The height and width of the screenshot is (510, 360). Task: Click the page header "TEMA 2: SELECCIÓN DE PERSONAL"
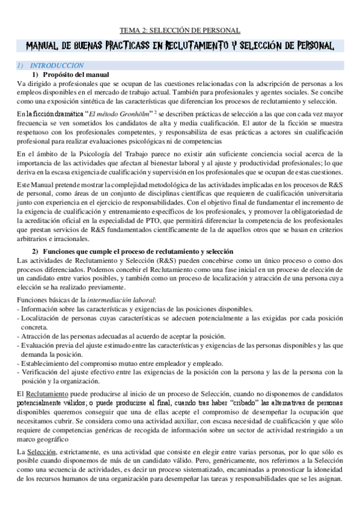pos(180,29)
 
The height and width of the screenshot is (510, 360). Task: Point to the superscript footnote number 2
pos(155,111)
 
